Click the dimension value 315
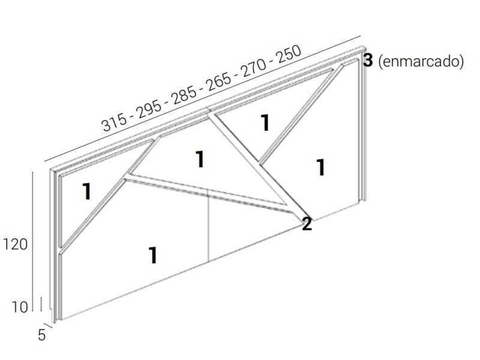click(x=115, y=122)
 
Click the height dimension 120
click(x=16, y=244)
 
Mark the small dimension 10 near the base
click(x=20, y=307)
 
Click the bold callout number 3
click(x=368, y=60)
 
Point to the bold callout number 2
click(x=307, y=224)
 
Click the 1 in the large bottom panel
click(x=153, y=256)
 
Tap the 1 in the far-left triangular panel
click(x=87, y=192)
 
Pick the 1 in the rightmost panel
click(x=321, y=167)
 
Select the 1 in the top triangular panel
click(x=265, y=123)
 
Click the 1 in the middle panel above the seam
click(x=200, y=160)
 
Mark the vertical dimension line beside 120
click(x=32, y=240)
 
